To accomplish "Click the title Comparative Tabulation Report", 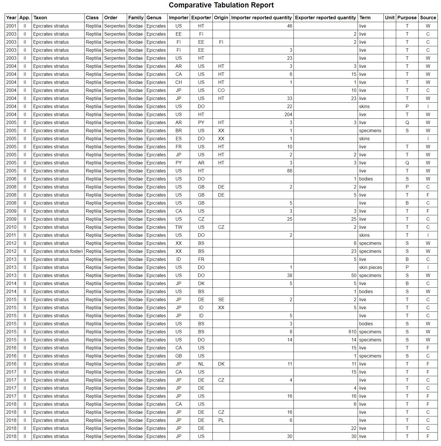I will click(x=221, y=5).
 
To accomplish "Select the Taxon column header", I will click(x=40, y=18).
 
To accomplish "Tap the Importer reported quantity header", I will click(x=261, y=18).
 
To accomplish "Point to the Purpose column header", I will click(x=407, y=18).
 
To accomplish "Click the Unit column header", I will click(x=390, y=18).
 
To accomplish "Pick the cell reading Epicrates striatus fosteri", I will click(x=58, y=251).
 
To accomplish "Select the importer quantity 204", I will click(x=288, y=114).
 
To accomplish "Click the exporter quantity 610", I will click(x=352, y=332).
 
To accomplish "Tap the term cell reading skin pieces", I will click(x=371, y=267).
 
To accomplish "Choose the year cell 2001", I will click(x=11, y=26).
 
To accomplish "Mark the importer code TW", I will click(x=179, y=227).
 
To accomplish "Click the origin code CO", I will click(x=221, y=90).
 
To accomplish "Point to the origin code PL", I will click(x=221, y=420).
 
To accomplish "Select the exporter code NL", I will click(x=201, y=364).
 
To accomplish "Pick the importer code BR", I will click(x=179, y=130).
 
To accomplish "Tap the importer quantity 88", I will click(x=289, y=171).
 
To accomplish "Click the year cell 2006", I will click(x=11, y=179).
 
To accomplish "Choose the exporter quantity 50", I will click(x=353, y=275).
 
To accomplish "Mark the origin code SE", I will click(x=221, y=299).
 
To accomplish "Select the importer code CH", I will click(x=179, y=82).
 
